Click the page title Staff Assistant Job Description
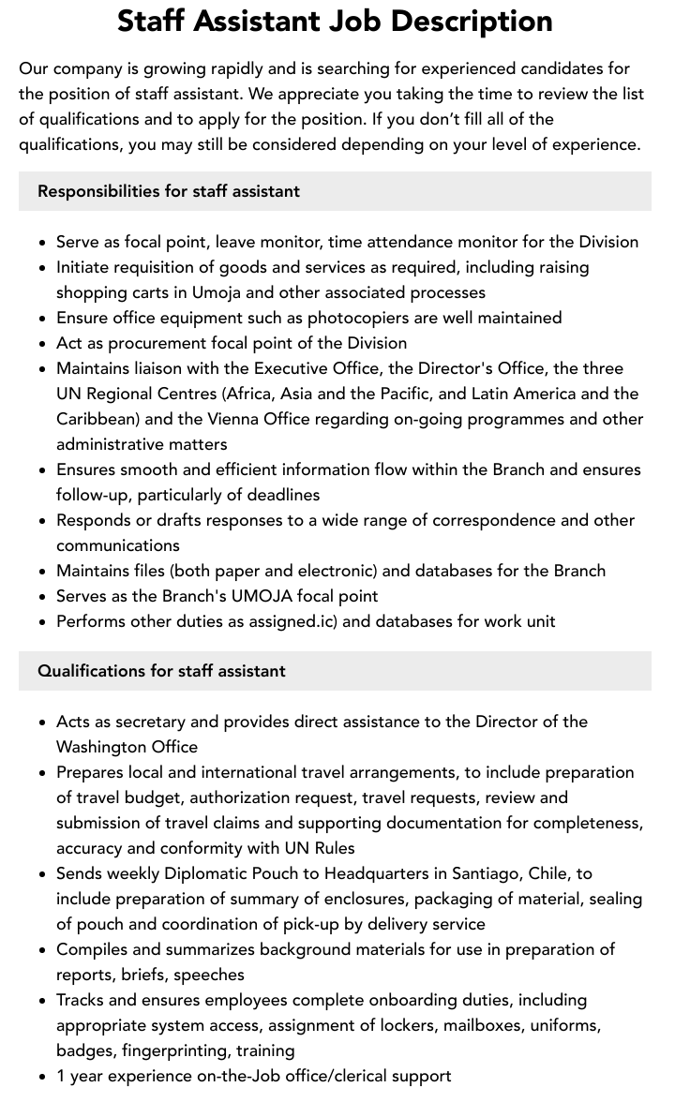[335, 22]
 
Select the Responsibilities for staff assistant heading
[169, 191]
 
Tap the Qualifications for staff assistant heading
[161, 671]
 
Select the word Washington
[104, 747]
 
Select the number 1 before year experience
[61, 1076]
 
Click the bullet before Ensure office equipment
[43, 319]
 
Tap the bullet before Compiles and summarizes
[43, 950]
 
